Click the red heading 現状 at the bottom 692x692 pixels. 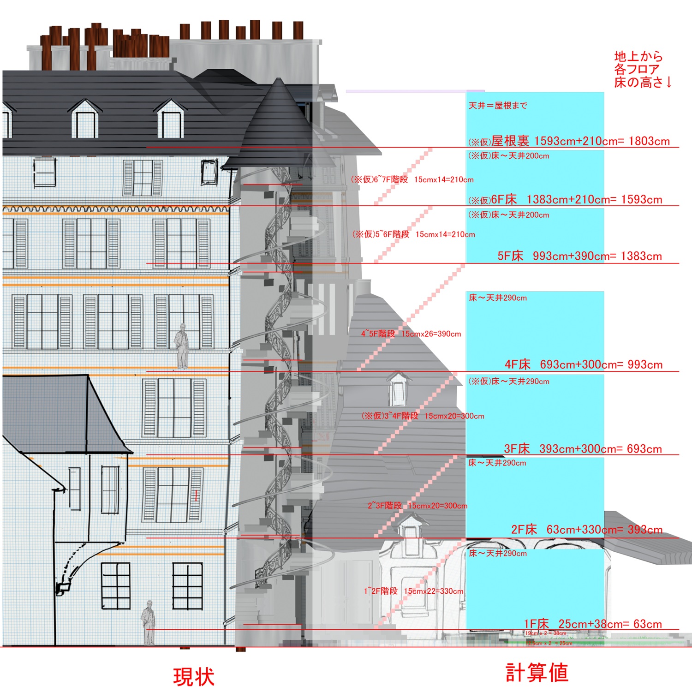click(x=194, y=677)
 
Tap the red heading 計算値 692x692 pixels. click(x=537, y=672)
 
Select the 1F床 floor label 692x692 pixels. click(x=536, y=624)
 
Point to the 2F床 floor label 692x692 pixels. click(x=524, y=530)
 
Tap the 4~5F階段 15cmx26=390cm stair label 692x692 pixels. click(x=411, y=334)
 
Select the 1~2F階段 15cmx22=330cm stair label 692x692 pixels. click(x=413, y=591)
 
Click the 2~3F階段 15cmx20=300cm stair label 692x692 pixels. click(x=417, y=506)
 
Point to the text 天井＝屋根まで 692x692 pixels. click(x=498, y=106)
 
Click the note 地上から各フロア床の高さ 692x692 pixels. click(x=642, y=70)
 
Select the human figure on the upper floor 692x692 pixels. click(x=182, y=346)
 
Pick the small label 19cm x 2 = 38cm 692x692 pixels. click(x=546, y=633)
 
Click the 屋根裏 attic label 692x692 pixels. click(x=510, y=141)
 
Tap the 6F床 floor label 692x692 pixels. click(x=504, y=199)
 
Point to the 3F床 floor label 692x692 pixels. click(x=517, y=448)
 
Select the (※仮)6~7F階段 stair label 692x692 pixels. click(x=412, y=179)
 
